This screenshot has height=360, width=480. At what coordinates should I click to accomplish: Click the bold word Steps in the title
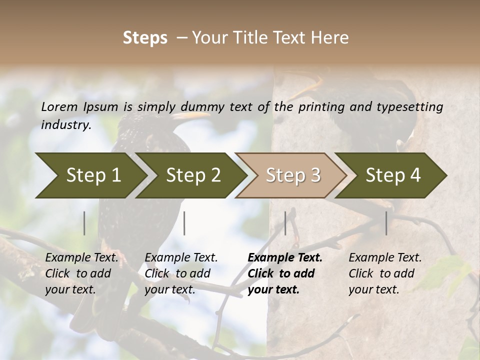[x=145, y=38]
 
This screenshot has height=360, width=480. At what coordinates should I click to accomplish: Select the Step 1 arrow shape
[x=90, y=175]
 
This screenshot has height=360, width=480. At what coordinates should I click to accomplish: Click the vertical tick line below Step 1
[x=84, y=223]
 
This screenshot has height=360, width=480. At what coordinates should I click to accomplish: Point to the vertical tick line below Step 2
[x=184, y=223]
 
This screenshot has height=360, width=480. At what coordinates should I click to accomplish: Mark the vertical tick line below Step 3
[x=285, y=223]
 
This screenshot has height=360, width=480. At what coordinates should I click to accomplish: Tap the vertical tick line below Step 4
[x=386, y=223]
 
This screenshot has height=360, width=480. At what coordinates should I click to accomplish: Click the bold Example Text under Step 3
[x=285, y=258]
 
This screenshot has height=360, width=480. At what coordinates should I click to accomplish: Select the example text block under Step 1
[x=81, y=273]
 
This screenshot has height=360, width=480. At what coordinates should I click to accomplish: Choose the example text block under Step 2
[x=181, y=273]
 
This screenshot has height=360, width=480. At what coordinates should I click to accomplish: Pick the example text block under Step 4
[x=385, y=273]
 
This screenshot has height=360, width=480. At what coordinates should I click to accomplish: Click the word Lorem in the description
[x=59, y=106]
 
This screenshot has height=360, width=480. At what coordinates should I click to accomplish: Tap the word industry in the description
[x=65, y=125]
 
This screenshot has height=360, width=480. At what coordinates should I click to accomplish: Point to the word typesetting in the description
[x=414, y=107]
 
